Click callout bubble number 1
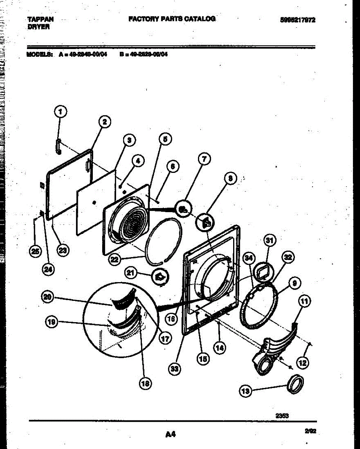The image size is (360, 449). [61, 111]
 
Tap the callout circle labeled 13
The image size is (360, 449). [245, 391]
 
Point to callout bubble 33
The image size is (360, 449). [174, 369]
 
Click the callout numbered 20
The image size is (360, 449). [47, 297]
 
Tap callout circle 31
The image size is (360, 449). [269, 241]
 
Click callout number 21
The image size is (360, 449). [131, 274]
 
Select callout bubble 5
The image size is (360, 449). [165, 139]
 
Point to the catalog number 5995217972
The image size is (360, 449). [298, 20]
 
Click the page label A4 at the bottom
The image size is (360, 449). [170, 434]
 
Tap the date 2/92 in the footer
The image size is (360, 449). [311, 431]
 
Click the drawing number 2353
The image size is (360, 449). [282, 415]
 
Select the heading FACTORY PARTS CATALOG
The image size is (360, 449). [172, 19]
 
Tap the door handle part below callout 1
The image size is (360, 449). [58, 145]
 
